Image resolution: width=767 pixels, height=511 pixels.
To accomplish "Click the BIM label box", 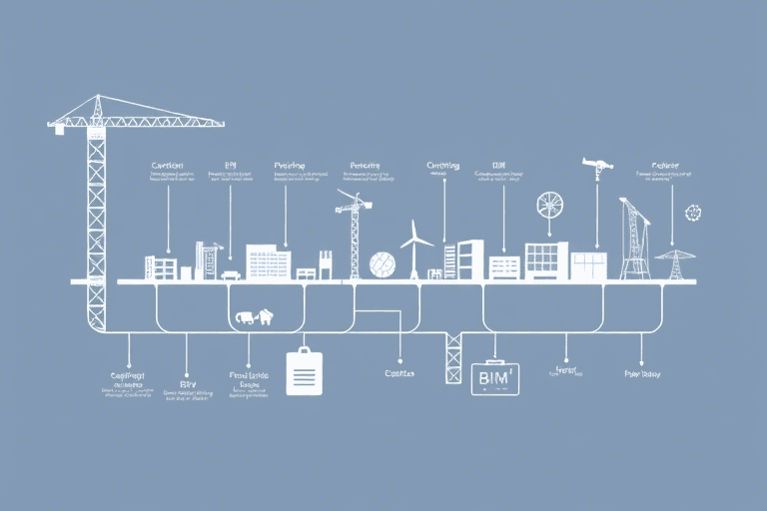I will coord(495,378).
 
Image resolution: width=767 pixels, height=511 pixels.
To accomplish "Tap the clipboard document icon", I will coord(304,372).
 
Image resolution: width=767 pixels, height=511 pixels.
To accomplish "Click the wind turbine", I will coord(415,249).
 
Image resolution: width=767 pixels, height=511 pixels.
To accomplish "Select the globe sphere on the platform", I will coord(383,264).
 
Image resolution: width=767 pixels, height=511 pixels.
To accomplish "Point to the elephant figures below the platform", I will coord(254,317).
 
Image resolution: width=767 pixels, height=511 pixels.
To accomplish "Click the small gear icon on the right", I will coord(693,213).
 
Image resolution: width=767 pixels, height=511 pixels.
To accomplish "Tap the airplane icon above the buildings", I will coord(597,166).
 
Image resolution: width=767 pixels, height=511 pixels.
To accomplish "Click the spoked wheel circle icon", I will coord(549,206).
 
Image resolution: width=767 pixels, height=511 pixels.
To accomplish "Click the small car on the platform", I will coord(231,274).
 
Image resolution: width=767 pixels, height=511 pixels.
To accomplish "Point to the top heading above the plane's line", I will coord(665,166).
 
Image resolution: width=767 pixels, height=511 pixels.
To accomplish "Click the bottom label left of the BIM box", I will coord(398,373).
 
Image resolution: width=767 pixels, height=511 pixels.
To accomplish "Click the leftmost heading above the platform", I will coord(169,166).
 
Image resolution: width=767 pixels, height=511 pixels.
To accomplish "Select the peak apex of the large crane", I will coord(97,98).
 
